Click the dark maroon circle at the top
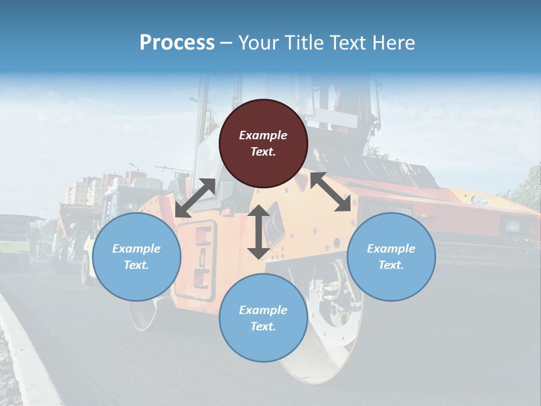[x=263, y=144]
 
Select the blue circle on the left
[x=136, y=257]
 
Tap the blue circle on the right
[x=391, y=257]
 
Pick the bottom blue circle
[x=263, y=318]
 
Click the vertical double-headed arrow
[x=259, y=232]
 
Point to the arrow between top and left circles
[x=195, y=197]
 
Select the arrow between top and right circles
[x=331, y=192]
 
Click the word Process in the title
[x=177, y=42]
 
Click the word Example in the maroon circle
[x=263, y=135]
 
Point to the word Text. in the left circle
[x=136, y=265]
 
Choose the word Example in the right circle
[x=391, y=249]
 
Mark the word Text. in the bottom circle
[x=263, y=326]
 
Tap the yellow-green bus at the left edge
[x=14, y=242]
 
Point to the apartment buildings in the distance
[x=85, y=192]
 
